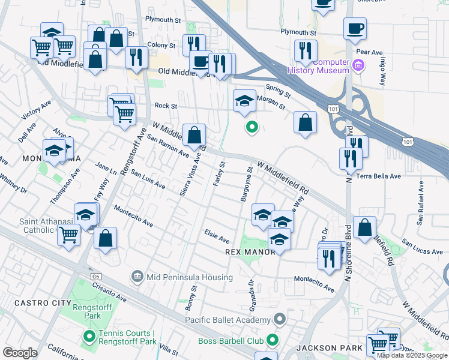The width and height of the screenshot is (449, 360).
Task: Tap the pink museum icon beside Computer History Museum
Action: (x=358, y=65)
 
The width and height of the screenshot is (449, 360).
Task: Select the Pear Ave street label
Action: (x=373, y=52)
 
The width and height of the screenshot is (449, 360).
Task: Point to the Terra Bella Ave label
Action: (x=378, y=176)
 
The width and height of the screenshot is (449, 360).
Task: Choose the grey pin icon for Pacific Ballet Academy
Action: (x=279, y=319)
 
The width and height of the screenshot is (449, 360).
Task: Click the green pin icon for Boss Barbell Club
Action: (x=272, y=341)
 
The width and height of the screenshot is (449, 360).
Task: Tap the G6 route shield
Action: (x=95, y=277)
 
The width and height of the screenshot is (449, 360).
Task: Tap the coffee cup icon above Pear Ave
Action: (x=355, y=28)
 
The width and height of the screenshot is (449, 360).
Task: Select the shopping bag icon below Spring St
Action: (x=305, y=122)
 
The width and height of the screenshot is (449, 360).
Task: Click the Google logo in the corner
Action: (x=20, y=353)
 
